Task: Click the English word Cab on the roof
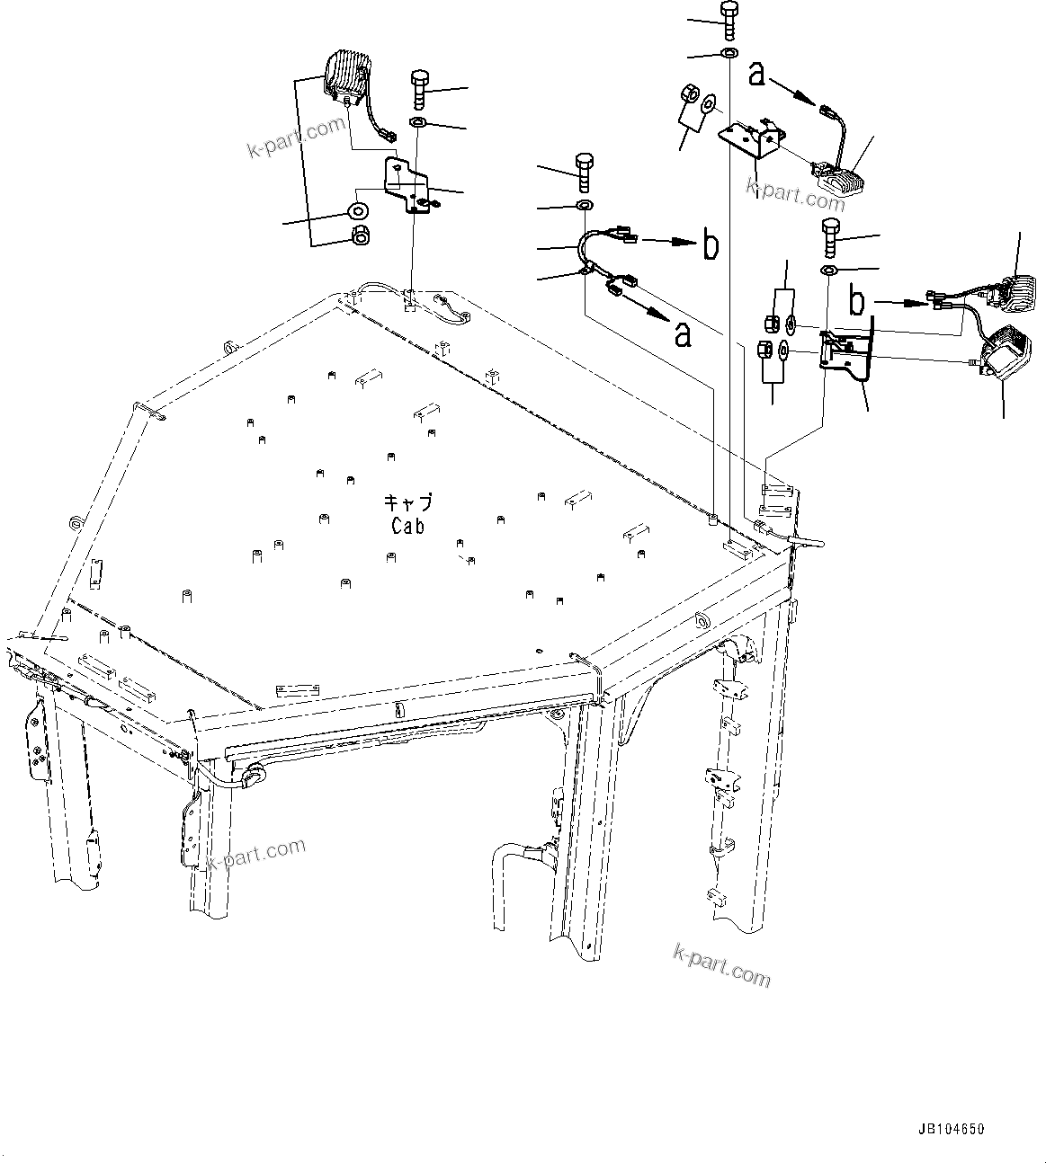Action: coord(407,527)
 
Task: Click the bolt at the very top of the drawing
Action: coord(727,19)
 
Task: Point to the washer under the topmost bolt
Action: coord(728,55)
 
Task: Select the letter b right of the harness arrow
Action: coord(710,244)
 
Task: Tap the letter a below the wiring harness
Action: coord(684,334)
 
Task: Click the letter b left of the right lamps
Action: coord(857,302)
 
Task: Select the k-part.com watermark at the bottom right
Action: coord(721,964)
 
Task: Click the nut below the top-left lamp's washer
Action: coord(360,235)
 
